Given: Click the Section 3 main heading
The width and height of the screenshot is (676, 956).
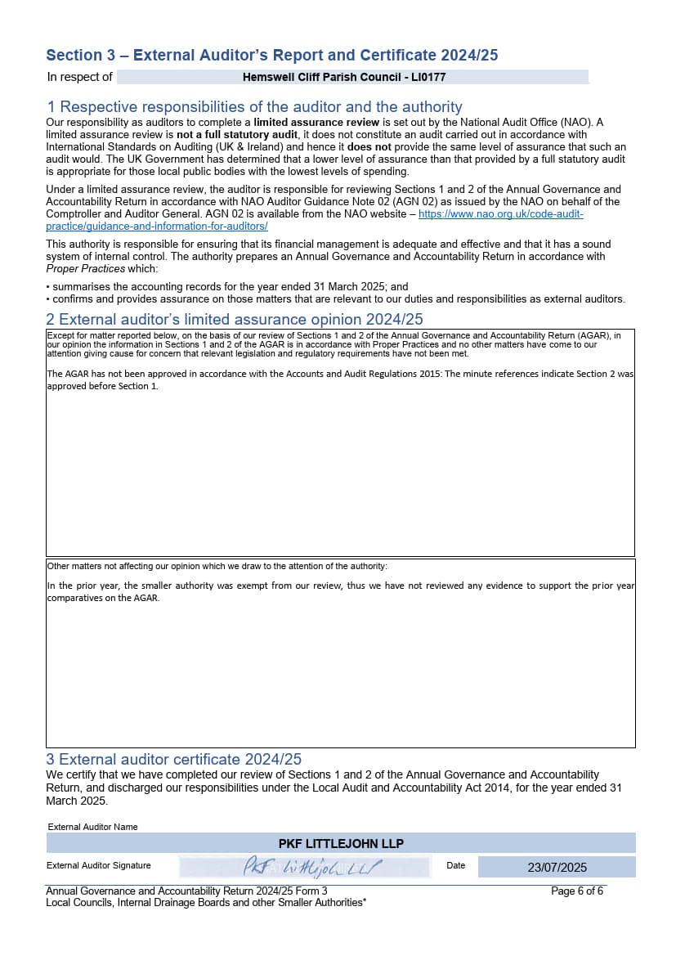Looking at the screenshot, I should (x=271, y=56).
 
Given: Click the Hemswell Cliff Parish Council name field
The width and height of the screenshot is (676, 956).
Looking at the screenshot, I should (x=344, y=78).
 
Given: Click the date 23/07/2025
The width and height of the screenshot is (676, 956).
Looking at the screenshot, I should (x=557, y=868).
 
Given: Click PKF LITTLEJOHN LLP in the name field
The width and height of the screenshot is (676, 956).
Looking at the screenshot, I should (x=341, y=844).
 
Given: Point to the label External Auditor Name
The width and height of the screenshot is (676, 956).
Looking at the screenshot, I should (x=92, y=827).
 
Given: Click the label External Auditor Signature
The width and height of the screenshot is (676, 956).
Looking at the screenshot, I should (x=98, y=865).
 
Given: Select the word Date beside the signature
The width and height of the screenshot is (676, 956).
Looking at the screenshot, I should (x=455, y=865).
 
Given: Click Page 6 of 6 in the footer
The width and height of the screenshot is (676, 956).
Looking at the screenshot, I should (x=577, y=891).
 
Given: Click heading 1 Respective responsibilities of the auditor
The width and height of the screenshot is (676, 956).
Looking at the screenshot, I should (x=254, y=107).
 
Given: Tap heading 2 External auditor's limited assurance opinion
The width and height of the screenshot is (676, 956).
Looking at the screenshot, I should (x=235, y=319).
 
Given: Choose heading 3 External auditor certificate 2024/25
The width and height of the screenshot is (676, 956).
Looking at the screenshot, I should (x=174, y=759).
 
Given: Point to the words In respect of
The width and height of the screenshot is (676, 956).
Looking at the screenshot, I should (x=79, y=78).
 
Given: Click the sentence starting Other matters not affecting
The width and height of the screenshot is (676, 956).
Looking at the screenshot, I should (x=217, y=566).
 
